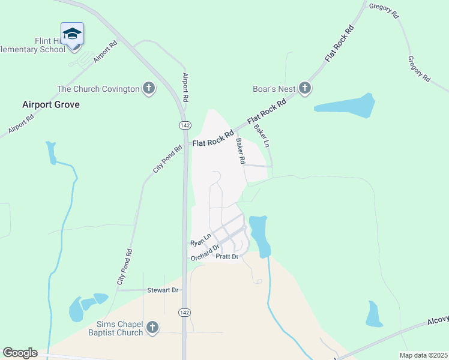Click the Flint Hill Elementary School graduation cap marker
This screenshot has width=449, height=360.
click(x=72, y=34)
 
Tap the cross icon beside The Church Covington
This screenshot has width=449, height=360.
click(x=148, y=89)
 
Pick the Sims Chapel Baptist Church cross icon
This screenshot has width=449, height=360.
click(x=152, y=328)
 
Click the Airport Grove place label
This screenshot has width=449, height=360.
click(x=51, y=104)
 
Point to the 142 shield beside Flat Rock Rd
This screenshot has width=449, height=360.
click(x=185, y=124)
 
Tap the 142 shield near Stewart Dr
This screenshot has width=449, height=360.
click(x=185, y=313)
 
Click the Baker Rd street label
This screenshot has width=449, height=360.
click(x=241, y=152)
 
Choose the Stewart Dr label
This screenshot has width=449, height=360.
click(x=163, y=290)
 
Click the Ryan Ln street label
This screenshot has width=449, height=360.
click(x=201, y=240)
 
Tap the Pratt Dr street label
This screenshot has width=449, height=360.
click(x=228, y=257)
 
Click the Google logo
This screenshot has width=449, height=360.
click(x=20, y=353)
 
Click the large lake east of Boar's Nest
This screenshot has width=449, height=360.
click(x=347, y=106)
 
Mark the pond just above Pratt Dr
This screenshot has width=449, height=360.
click(x=259, y=235)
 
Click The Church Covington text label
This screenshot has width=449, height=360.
click(x=98, y=89)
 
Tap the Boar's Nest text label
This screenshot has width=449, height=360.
click(x=274, y=89)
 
